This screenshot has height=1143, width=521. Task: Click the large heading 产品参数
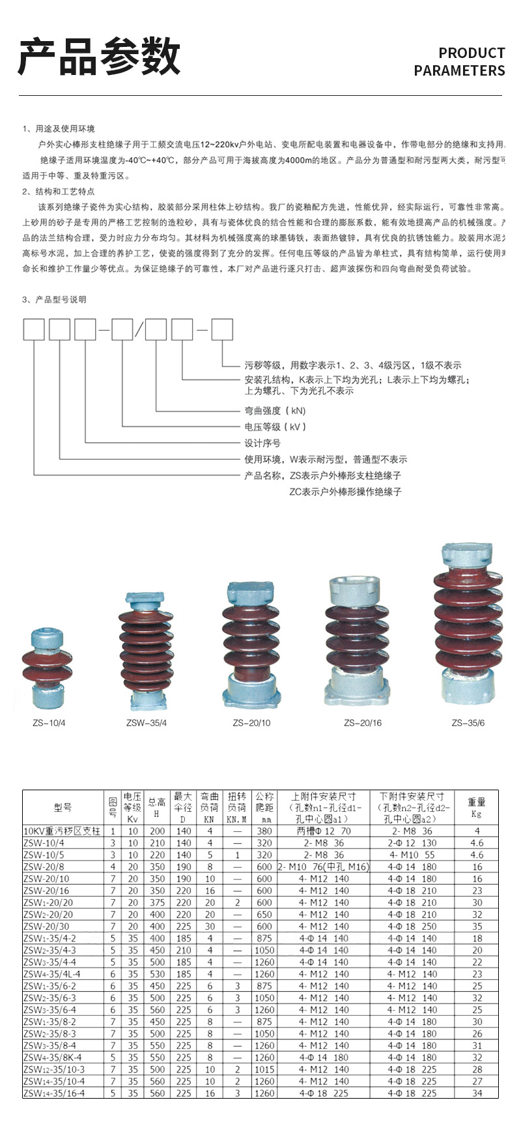click(99, 57)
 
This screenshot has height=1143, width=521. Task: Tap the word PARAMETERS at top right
click(459, 70)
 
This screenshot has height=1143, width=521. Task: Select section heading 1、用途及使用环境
click(59, 128)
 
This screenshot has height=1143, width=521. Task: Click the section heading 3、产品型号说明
click(54, 299)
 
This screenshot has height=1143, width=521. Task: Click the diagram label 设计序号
click(262, 443)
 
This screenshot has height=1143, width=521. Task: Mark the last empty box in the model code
click(222, 330)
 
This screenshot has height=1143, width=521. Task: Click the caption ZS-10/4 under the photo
click(49, 723)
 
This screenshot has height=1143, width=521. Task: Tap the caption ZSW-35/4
click(147, 723)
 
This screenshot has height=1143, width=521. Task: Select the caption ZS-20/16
click(363, 723)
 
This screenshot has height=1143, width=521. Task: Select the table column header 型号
click(63, 807)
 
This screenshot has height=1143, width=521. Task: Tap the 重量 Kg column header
click(477, 807)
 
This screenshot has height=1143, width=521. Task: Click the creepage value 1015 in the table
click(264, 1069)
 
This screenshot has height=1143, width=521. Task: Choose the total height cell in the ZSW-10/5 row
click(157, 855)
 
